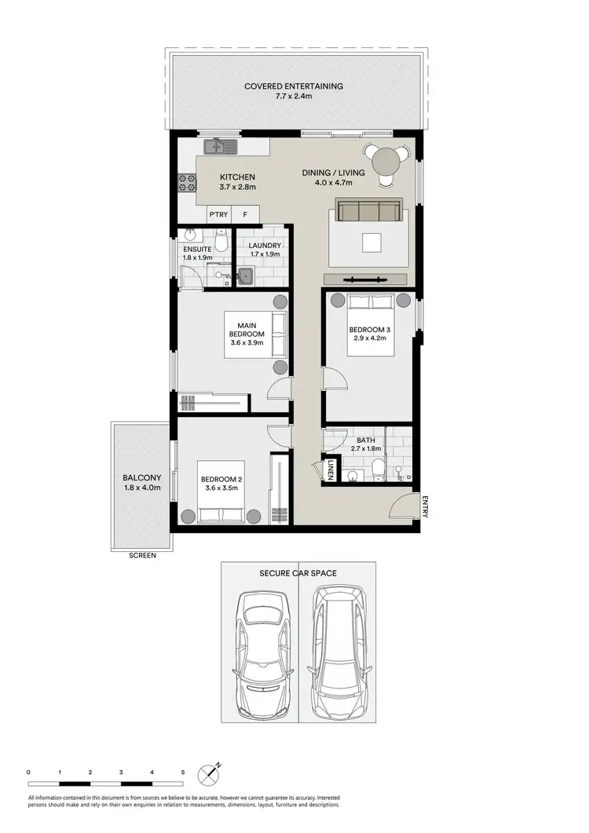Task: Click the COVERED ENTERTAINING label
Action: tap(294, 86)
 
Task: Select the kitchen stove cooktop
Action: tap(186, 183)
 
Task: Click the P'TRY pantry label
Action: tap(218, 214)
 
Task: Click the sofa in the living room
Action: tap(368, 211)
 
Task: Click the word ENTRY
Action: tap(425, 506)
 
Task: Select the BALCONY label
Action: tap(142, 477)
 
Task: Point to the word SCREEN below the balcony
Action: tap(143, 555)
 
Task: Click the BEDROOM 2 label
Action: tap(220, 480)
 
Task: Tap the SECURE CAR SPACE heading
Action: tap(298, 574)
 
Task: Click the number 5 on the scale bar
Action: tap(182, 773)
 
